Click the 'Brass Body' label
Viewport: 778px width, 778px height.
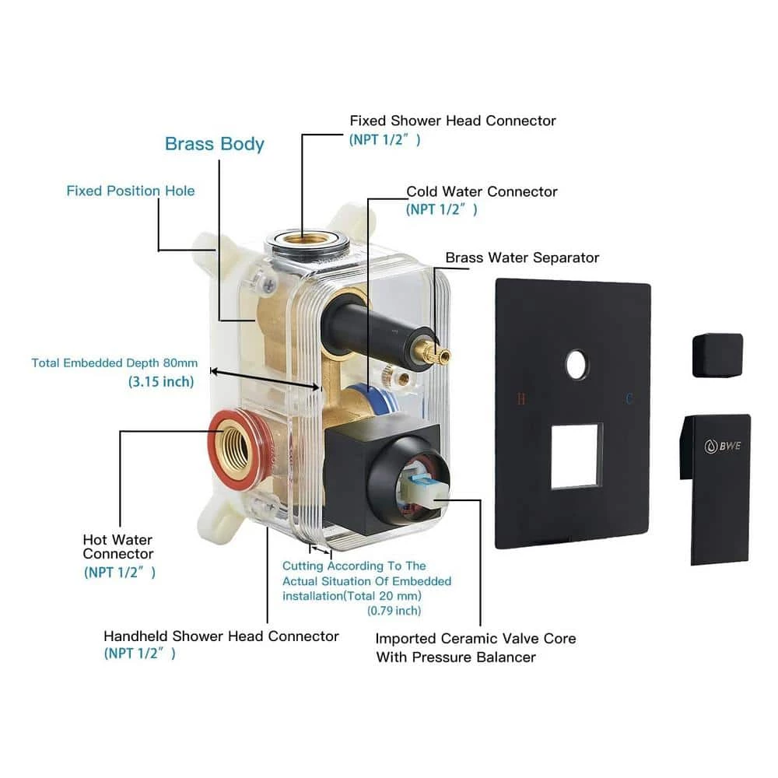215,144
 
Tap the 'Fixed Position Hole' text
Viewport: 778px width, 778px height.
130,191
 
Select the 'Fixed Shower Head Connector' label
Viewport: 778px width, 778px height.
453,121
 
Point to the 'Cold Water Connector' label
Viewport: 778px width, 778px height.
482,191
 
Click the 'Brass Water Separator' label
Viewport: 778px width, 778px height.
522,258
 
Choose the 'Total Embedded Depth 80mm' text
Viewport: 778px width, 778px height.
114,363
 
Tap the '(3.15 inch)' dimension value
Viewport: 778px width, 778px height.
161,382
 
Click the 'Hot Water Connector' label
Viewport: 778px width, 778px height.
118,547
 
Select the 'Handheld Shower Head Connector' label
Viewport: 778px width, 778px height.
221,636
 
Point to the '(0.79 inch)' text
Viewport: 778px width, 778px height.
394,611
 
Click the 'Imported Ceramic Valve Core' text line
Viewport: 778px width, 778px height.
475,639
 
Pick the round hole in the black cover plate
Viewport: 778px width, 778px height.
577,364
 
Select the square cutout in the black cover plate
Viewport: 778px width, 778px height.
576,456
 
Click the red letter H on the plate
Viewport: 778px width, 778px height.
521,399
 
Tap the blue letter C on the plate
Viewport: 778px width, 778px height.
629,399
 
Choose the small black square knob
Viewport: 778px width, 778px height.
717,355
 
